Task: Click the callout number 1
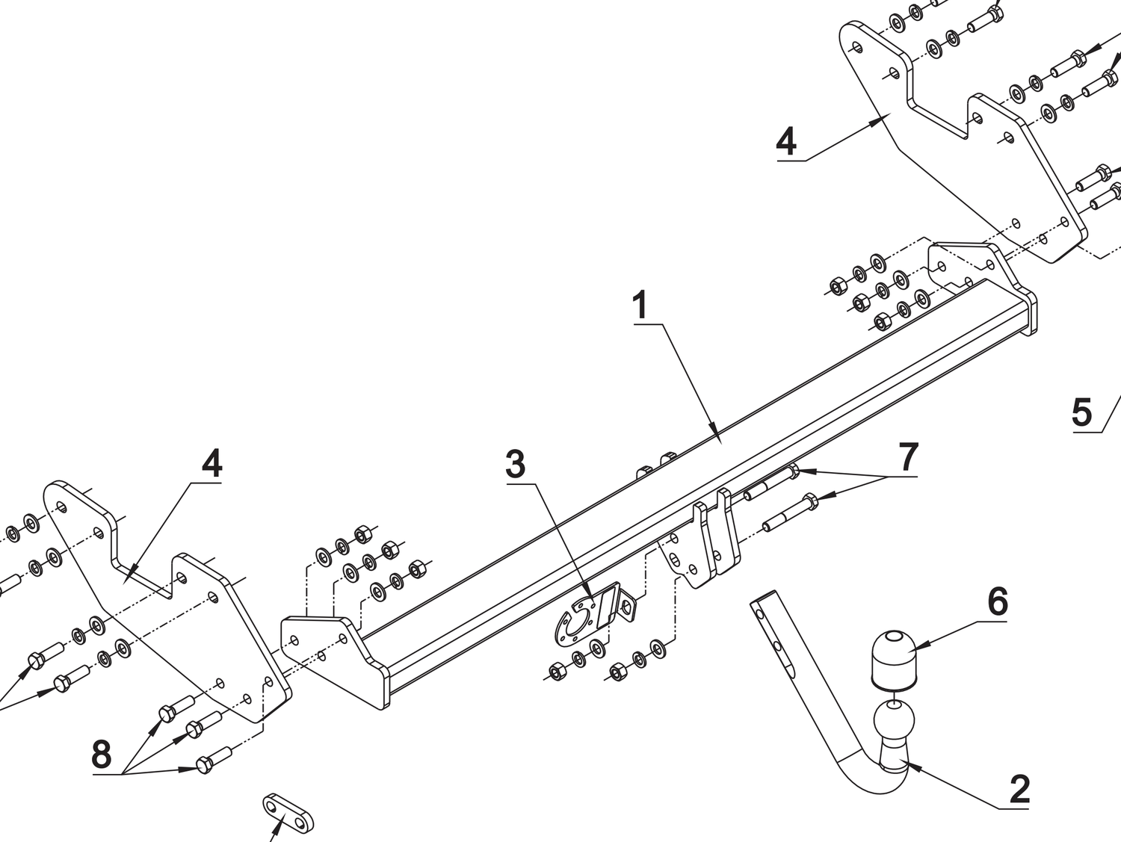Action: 640,306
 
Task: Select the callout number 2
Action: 1019,790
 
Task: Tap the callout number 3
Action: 516,465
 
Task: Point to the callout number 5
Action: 1081,412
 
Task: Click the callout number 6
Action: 998,601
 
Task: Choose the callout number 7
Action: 908,456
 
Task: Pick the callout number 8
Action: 102,755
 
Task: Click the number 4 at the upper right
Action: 786,141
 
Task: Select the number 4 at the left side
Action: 211,464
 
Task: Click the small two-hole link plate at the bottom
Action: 288,814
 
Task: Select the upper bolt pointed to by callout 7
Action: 770,483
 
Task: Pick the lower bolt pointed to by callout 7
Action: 789,514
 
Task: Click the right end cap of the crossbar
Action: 1031,314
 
